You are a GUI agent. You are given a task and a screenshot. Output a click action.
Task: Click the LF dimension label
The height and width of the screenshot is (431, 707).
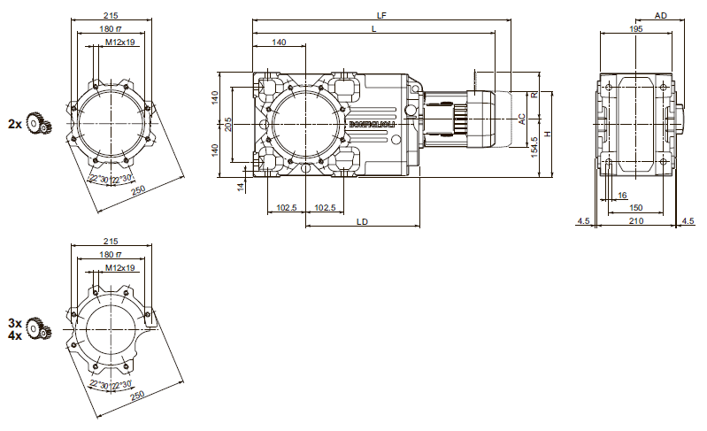(x=381, y=15)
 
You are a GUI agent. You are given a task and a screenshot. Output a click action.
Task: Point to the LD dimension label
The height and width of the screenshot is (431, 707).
(x=362, y=220)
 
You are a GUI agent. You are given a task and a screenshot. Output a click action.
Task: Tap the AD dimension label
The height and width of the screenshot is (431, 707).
(x=661, y=16)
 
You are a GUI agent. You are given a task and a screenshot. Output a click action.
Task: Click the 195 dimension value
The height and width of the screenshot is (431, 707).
(x=636, y=29)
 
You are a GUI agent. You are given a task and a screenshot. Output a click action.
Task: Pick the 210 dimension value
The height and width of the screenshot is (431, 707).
(x=636, y=220)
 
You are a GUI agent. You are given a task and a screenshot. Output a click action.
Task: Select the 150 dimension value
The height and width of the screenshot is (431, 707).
(x=636, y=207)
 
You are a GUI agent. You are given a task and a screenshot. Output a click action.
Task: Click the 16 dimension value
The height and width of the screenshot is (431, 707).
(x=623, y=194)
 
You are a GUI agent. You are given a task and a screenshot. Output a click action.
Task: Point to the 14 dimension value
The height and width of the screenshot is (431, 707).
(x=240, y=186)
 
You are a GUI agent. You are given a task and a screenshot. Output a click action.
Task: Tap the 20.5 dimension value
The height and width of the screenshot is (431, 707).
(x=227, y=124)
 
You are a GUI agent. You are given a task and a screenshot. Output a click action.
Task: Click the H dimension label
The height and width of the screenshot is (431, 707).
(x=548, y=134)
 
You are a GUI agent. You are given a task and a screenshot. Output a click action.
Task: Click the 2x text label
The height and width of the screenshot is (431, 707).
(x=14, y=124)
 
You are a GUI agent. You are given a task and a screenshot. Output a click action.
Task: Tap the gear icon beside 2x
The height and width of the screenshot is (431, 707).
(x=37, y=124)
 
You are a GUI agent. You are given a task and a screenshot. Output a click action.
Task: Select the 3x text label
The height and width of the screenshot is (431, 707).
(x=14, y=324)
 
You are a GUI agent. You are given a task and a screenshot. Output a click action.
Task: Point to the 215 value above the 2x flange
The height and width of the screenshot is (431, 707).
(x=111, y=15)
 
